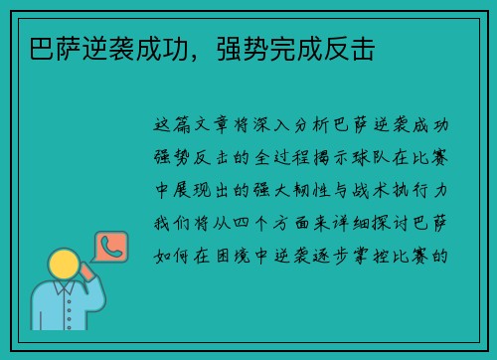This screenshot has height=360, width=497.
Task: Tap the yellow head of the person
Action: [x=64, y=264]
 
